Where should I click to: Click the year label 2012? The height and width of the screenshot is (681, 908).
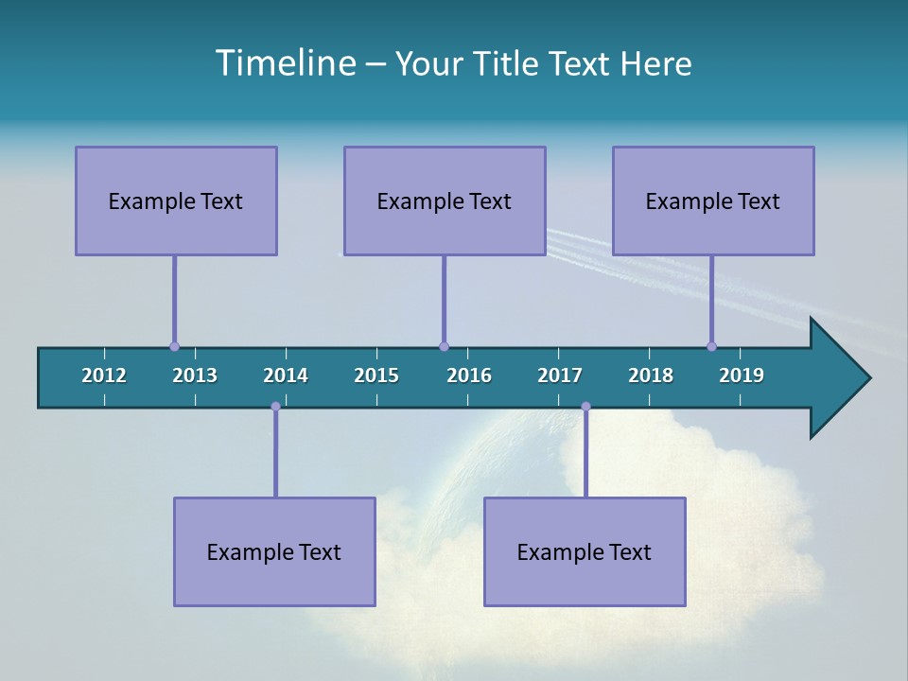pos(104,375)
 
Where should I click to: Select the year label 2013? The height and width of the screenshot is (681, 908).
pos(195,375)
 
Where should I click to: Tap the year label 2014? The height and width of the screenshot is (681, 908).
pos(286,375)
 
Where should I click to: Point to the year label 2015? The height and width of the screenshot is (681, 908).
pos(376,375)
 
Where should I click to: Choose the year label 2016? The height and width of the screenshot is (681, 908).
pos(469,375)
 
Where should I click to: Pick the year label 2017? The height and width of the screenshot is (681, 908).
pos(560,375)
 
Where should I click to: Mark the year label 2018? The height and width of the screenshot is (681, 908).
pos(651,375)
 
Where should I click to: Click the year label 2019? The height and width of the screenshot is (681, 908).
pos(742,375)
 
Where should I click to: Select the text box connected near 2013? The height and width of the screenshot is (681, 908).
pos(176,201)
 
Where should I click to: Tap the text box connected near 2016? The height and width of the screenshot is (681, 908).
pos(445,201)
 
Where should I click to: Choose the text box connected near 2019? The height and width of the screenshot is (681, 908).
pos(713,201)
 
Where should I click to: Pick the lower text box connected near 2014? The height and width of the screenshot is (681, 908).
pos(274,551)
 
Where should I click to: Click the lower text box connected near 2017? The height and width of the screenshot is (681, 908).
pos(585,551)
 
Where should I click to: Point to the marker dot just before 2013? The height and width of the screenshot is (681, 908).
pos(174,346)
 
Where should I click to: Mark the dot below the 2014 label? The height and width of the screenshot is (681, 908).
pos(275,407)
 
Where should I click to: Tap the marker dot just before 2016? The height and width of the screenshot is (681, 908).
pos(444,346)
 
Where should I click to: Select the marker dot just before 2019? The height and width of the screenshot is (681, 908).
pos(711,346)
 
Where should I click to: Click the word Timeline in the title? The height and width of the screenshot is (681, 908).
pos(284,63)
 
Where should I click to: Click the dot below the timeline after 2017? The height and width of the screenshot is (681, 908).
pos(585,407)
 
